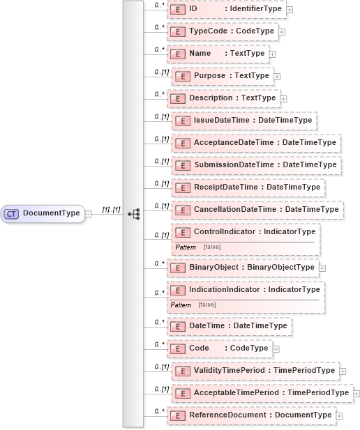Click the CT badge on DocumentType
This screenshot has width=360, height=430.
[x=11, y=213]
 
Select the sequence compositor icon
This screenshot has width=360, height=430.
[x=134, y=213]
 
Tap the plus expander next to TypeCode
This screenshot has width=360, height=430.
[x=282, y=32]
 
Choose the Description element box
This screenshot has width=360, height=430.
[x=223, y=98]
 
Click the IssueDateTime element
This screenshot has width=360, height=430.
[x=244, y=121]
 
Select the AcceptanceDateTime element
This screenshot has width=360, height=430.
[x=255, y=143]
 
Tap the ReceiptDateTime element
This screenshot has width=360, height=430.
[x=248, y=187]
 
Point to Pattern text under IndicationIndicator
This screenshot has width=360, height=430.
[x=180, y=305]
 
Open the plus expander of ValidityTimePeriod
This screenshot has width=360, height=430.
[x=343, y=371]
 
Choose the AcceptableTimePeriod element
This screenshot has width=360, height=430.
[x=262, y=393]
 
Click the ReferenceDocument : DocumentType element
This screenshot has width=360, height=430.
[x=250, y=415]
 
